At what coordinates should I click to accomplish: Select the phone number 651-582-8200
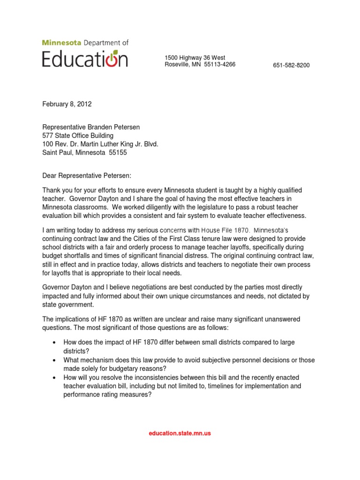291,65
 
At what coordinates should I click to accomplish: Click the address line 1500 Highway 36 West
195,58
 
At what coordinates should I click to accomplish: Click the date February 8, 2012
67,104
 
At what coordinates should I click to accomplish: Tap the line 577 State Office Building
78,135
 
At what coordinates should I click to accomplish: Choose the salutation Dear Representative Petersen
87,175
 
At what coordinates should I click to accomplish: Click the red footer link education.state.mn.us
180,433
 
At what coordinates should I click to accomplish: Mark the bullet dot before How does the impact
55,343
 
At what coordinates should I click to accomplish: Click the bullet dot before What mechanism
55,360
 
